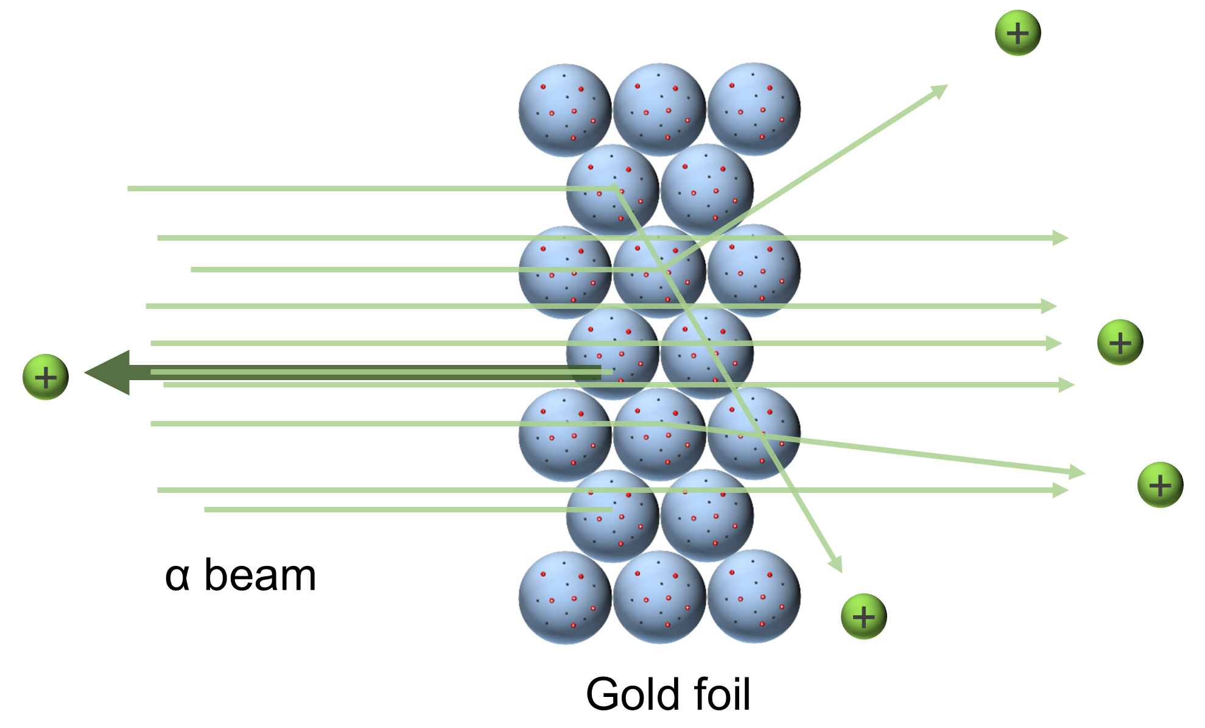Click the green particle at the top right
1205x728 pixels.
tap(1017, 33)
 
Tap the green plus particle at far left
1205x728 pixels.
tap(46, 377)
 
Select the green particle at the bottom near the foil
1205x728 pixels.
tap(863, 617)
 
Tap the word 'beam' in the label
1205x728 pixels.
tap(260, 575)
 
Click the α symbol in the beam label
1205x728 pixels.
tap(177, 576)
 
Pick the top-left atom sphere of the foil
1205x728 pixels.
tap(564, 110)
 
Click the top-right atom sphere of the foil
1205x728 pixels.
tap(754, 109)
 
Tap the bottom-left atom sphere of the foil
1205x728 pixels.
tap(564, 598)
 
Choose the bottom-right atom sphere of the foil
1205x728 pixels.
tap(754, 596)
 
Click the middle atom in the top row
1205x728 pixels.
tap(659, 110)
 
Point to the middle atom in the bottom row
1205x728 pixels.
tap(659, 597)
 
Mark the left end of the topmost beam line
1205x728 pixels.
tap(130, 189)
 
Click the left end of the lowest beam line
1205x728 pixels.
tap(206, 509)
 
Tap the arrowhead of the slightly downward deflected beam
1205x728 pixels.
tap(1078, 472)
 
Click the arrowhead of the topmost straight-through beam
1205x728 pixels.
tap(1061, 238)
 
